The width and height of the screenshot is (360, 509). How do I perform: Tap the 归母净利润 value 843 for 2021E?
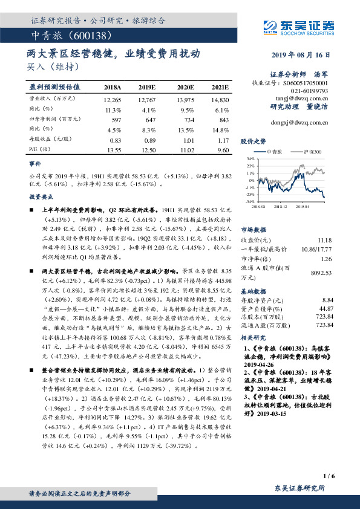[x=221, y=120]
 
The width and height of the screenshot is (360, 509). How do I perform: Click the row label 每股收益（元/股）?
[x=48, y=140]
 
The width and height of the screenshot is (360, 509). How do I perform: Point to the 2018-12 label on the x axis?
[x=280, y=206]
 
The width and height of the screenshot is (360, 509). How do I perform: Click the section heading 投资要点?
[x=40, y=197]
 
